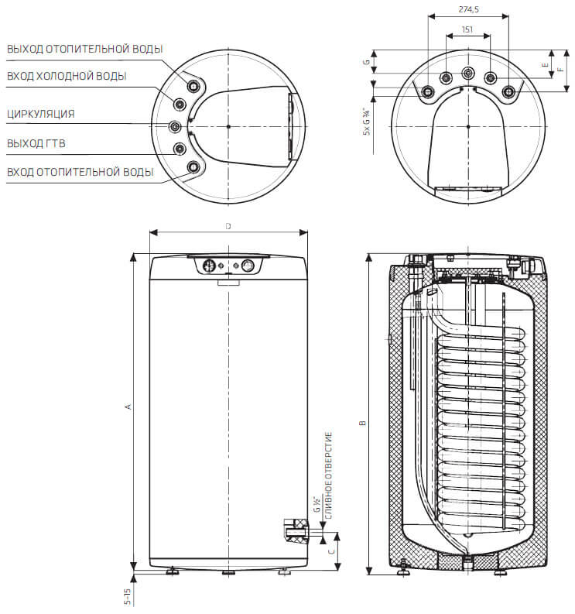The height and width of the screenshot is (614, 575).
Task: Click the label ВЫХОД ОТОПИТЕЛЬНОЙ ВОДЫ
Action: (x=84, y=49)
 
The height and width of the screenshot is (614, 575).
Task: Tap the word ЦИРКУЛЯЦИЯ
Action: (x=40, y=114)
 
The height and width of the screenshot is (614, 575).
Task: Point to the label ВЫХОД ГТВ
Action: (x=34, y=143)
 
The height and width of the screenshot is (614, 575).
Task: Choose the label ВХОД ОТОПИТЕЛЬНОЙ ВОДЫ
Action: (x=80, y=171)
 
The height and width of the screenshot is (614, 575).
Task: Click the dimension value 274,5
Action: (x=467, y=9)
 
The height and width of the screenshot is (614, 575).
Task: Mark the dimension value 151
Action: (x=467, y=29)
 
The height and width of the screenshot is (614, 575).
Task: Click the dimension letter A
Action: (x=128, y=406)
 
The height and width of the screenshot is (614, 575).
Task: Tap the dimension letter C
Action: (x=332, y=551)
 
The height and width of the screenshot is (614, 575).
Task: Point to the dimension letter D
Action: (x=228, y=226)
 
